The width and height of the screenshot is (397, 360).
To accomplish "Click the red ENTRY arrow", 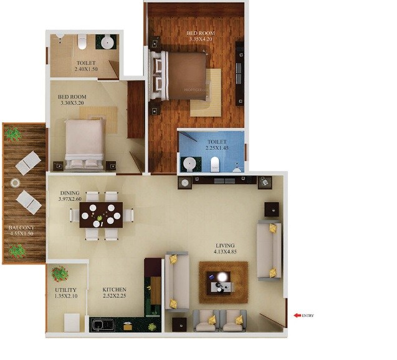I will (x=297, y=316).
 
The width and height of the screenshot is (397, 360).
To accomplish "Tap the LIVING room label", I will (x=224, y=246).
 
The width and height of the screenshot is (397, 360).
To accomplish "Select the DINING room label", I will (x=70, y=193).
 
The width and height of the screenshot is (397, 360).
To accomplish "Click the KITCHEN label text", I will (x=115, y=289).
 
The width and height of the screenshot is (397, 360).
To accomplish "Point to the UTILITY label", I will (x=65, y=289).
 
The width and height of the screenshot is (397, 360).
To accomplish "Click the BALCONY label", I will (x=21, y=228).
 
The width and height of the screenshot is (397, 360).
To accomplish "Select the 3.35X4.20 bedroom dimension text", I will (x=201, y=39).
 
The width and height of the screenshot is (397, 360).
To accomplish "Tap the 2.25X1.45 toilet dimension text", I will (x=218, y=148).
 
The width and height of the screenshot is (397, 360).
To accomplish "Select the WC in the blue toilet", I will (x=214, y=164).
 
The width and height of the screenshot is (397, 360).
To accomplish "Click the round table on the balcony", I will (x=15, y=183).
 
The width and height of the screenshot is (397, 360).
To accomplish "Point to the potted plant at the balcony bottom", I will (x=17, y=251).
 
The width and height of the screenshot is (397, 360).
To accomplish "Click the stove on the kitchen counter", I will (x=100, y=325).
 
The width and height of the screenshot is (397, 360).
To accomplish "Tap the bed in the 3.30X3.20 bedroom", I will (x=85, y=144).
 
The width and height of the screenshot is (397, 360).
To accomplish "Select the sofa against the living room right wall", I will (x=269, y=250).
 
